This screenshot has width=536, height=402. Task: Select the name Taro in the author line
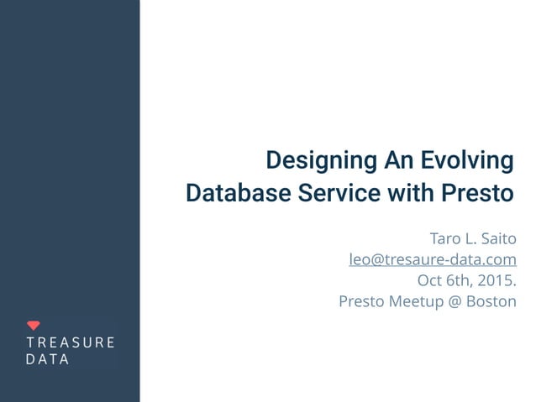tap(445, 238)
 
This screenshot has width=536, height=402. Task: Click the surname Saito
tap(497, 238)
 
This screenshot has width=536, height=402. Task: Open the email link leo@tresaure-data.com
tap(433, 259)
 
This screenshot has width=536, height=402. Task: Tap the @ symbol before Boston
tap(454, 301)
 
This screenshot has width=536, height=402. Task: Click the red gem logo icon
tap(34, 325)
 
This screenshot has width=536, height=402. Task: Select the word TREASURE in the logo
tap(71, 342)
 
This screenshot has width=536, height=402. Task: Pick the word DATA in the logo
tap(48, 359)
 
